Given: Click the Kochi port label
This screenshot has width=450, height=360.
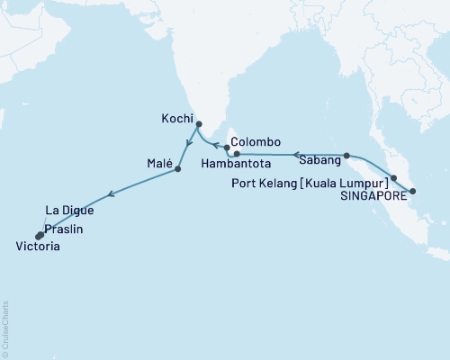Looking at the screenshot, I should [x=177, y=118].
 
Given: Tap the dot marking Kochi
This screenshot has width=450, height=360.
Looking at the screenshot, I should [x=199, y=125].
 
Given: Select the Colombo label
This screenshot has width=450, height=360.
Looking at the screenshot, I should [x=256, y=142].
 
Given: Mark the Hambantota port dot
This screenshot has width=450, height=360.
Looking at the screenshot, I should [x=237, y=154].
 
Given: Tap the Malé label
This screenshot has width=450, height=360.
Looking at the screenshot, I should [x=156, y=165].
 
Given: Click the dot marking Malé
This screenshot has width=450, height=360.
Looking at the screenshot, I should [x=178, y=168].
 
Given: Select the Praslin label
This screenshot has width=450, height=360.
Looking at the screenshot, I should [x=64, y=230].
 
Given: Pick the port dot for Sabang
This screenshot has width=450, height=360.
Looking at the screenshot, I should [x=346, y=155].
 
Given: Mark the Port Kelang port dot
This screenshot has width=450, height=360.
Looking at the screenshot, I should [x=393, y=177].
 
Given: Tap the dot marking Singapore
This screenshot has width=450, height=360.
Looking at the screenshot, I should [x=412, y=191].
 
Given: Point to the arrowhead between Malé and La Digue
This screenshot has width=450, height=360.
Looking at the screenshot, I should [x=111, y=193].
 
